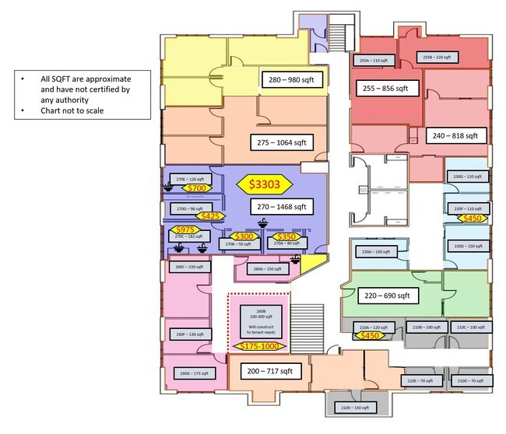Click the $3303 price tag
coord(264,184)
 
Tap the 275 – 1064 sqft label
coord(279,142)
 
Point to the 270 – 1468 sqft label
coord(279,207)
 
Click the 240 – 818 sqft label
coord(459,135)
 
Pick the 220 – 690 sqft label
coord(387,296)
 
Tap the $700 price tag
coord(195,188)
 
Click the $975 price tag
coord(185,229)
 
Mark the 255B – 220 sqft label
coord(437,57)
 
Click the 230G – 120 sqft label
coord(467,177)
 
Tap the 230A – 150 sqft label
coord(376,252)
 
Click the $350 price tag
coord(286,236)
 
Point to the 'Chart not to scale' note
coord(74,110)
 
